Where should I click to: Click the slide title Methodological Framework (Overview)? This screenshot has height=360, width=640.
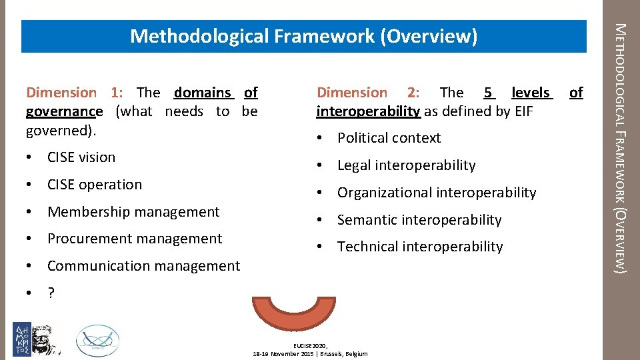pyautogui.click(x=303, y=36)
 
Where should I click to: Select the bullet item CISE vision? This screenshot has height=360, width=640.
pyautogui.click(x=81, y=157)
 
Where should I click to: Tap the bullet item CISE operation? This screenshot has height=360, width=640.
pyautogui.click(x=94, y=185)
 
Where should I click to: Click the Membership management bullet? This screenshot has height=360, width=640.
pyautogui.click(x=133, y=212)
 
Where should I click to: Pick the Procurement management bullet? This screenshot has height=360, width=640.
pyautogui.click(x=134, y=239)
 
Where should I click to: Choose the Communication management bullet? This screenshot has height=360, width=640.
pyautogui.click(x=143, y=266)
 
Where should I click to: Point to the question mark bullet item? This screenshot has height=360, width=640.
pyautogui.click(x=51, y=293)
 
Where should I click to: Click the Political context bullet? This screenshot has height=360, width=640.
pyautogui.click(x=389, y=138)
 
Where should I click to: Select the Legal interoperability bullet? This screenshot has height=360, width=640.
pyautogui.click(x=406, y=165)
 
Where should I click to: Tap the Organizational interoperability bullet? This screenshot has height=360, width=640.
pyautogui.click(x=436, y=193)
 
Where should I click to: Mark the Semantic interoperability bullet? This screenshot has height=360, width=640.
pyautogui.click(x=419, y=220)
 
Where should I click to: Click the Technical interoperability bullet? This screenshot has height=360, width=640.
pyautogui.click(x=419, y=247)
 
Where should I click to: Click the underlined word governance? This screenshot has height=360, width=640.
pyautogui.click(x=64, y=111)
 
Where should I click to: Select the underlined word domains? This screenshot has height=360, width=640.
pyautogui.click(x=203, y=93)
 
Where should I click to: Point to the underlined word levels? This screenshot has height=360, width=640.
pyautogui.click(x=531, y=93)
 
